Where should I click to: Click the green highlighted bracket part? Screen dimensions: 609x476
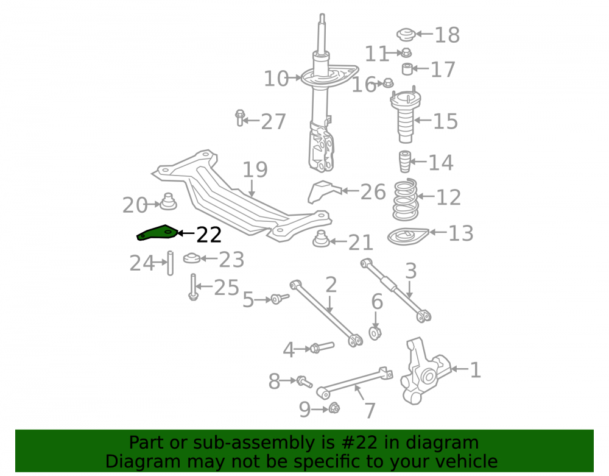click(157, 233)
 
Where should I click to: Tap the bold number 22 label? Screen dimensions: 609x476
click(209, 235)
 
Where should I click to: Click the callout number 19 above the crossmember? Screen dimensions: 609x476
click(255, 169)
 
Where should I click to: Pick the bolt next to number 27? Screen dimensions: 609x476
click(239, 118)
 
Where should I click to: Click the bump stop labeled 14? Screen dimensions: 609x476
click(405, 162)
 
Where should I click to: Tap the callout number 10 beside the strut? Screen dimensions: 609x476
click(276, 79)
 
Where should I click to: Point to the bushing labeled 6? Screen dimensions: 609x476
click(375, 333)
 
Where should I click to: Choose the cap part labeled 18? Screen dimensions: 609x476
click(406, 35)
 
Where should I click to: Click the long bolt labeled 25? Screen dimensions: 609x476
click(193, 287)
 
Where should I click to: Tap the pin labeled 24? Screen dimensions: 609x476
click(170, 263)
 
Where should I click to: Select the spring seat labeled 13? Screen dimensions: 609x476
click(408, 236)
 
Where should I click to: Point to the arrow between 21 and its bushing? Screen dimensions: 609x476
click(337, 242)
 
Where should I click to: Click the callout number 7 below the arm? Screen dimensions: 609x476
click(370, 410)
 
